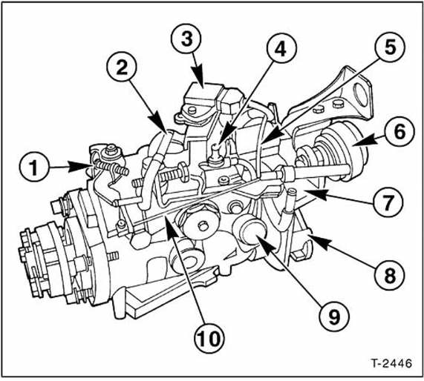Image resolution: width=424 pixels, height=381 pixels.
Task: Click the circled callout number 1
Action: click(34, 168)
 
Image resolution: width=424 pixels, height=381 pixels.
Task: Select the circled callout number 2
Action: click(122, 67)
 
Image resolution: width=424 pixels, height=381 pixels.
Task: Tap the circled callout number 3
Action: click(186, 39)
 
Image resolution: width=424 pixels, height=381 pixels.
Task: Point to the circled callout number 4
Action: click(281, 49)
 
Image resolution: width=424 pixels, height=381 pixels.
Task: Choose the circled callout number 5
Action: click(390, 47)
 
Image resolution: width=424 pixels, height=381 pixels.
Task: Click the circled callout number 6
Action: click(399, 131)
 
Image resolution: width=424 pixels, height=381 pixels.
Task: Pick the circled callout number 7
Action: click(388, 202)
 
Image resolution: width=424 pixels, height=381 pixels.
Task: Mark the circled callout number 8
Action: click(390, 275)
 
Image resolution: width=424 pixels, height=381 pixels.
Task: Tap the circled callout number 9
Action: click(334, 317)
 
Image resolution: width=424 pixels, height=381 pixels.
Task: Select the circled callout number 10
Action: click(209, 338)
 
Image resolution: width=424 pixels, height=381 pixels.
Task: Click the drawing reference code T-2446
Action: click(391, 363)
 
